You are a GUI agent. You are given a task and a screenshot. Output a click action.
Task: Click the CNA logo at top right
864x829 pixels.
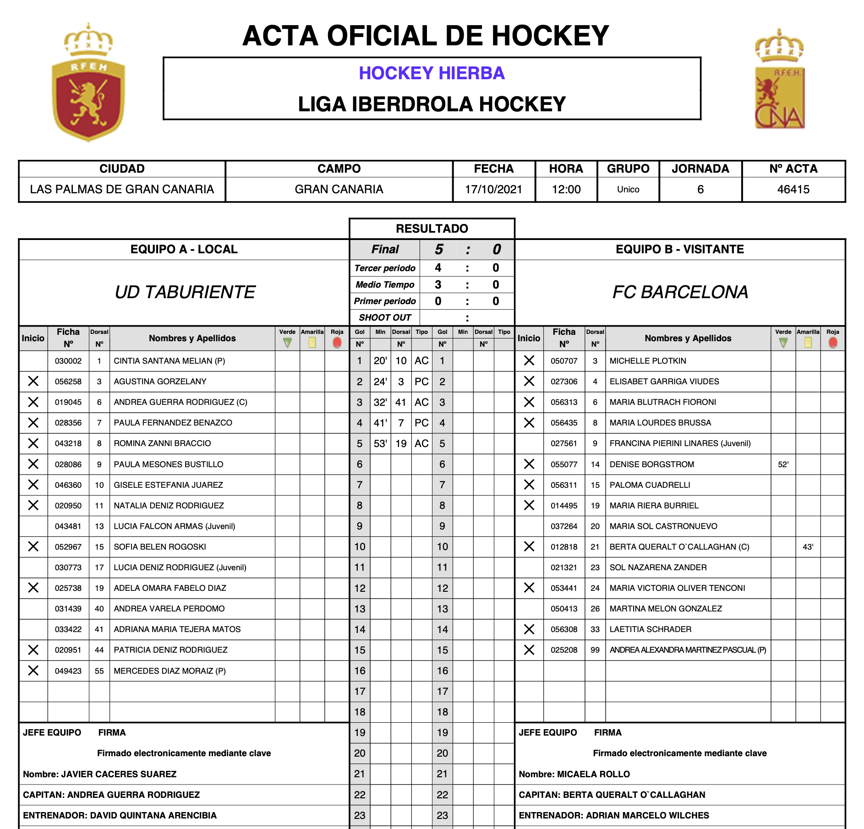(x=779, y=82)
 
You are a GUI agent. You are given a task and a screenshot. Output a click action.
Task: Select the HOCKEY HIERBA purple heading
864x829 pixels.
(x=432, y=73)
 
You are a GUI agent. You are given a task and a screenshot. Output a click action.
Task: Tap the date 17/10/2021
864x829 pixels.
(x=493, y=189)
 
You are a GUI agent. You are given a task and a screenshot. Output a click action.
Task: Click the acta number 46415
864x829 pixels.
(x=793, y=189)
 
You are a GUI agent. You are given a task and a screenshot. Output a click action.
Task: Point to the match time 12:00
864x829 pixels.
(x=566, y=189)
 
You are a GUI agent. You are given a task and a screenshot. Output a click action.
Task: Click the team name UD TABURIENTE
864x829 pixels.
(x=185, y=292)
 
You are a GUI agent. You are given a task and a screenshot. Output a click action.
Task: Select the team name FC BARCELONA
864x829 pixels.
(x=680, y=292)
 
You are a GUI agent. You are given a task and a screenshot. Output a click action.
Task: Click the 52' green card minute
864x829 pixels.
(x=783, y=464)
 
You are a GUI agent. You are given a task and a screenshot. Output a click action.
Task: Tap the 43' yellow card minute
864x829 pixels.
(x=808, y=547)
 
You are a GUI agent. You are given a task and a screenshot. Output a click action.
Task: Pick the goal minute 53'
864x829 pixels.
(x=380, y=443)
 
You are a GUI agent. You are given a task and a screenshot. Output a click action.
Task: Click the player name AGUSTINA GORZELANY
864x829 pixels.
(x=160, y=382)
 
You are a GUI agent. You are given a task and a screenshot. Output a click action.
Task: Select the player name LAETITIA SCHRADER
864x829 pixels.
(x=650, y=629)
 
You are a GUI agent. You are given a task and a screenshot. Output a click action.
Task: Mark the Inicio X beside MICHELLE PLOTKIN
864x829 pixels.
(x=529, y=361)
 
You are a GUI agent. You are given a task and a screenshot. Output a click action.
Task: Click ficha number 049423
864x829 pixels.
(x=68, y=671)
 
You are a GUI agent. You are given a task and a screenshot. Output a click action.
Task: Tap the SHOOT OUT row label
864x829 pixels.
(x=385, y=317)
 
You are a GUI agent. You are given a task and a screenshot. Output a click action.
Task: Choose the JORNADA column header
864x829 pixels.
(x=700, y=169)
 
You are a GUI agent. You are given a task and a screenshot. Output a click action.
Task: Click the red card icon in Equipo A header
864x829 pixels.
(x=337, y=343)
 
